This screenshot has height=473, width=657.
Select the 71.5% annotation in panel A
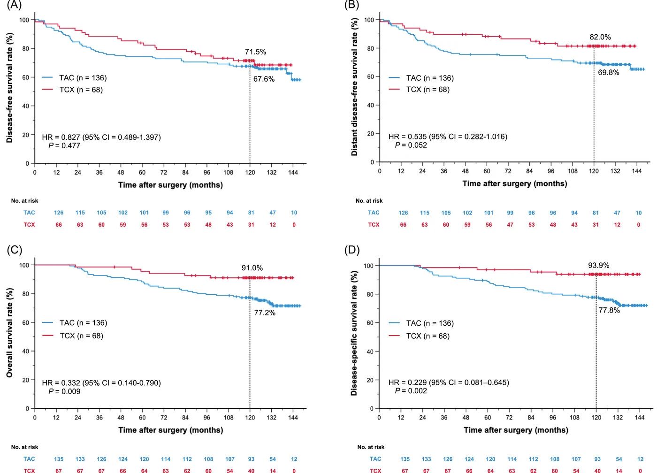click(255, 52)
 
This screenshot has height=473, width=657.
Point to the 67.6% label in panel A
click(264, 79)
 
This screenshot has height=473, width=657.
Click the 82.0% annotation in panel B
click(600, 37)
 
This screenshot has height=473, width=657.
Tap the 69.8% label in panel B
click(608, 73)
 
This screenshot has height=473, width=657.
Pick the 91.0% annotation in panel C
click(252, 268)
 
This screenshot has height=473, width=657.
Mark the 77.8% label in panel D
click(609, 310)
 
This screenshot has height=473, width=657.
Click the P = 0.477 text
click(64, 145)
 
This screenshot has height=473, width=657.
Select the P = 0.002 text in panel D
click(411, 391)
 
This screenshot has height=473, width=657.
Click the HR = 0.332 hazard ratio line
click(101, 383)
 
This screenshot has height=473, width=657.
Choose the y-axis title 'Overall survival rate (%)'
click(10, 333)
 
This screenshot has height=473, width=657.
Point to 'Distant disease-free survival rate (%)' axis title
click(355, 87)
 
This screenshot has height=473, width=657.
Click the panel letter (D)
click(351, 250)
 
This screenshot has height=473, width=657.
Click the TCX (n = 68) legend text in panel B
click(428, 90)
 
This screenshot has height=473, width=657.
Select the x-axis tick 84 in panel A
click(185, 172)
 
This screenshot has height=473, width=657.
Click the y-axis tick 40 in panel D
click(370, 351)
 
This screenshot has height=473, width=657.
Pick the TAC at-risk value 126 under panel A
click(59, 213)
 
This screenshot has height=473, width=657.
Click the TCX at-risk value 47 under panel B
click(510, 225)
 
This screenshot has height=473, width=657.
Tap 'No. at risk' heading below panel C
click(24, 447)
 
